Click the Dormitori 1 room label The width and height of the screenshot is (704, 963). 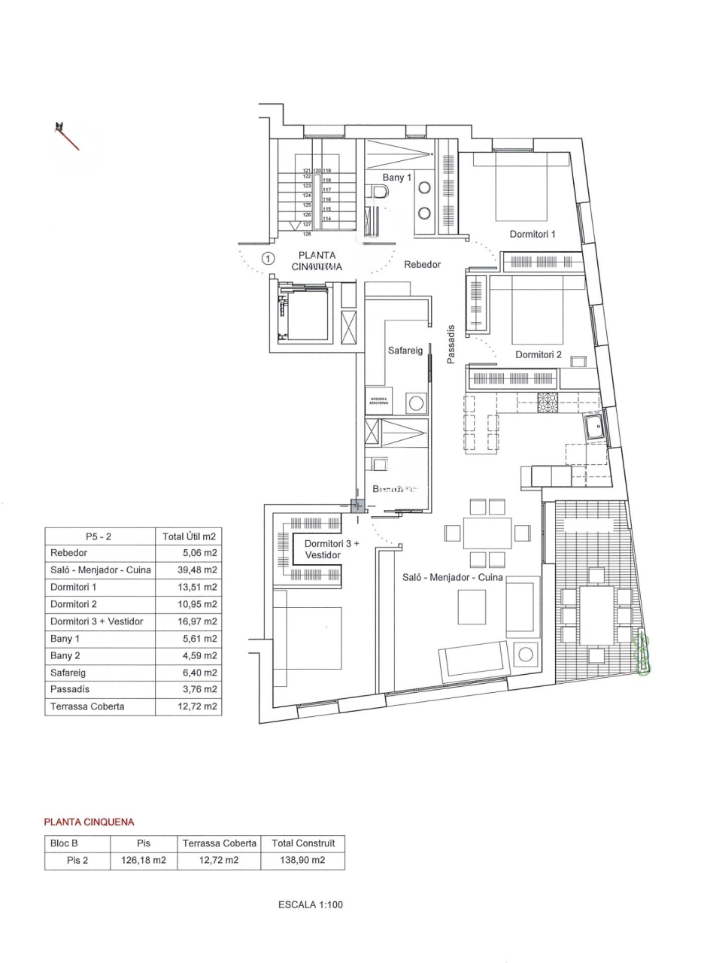[x=532, y=234]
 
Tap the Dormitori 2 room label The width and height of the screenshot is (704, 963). [x=539, y=354]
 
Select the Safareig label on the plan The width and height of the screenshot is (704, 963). [x=405, y=351]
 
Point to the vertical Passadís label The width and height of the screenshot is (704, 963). [x=451, y=345]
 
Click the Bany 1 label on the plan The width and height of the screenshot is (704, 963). [x=397, y=178]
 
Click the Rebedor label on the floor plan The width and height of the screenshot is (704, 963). [x=422, y=265]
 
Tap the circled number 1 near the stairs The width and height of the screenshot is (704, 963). [x=267, y=259]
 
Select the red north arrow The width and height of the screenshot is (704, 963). [x=67, y=136]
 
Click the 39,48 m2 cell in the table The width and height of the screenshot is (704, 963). [x=188, y=570]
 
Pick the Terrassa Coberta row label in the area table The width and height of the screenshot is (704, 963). [x=87, y=706]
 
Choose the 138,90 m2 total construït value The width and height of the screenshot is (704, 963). [x=302, y=861]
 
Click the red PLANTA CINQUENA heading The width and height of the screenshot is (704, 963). [x=89, y=822]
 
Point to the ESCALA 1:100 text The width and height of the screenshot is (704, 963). [x=310, y=905]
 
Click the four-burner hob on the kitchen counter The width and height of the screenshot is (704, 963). [x=547, y=404]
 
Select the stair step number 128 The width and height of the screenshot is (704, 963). [x=307, y=234]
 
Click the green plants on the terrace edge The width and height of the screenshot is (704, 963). [x=643, y=655]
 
